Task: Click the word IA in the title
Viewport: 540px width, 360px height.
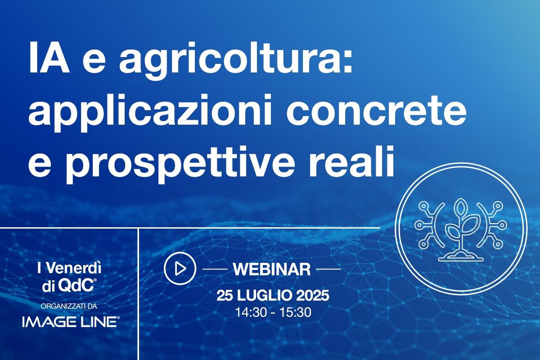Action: pyautogui.click(x=49, y=58)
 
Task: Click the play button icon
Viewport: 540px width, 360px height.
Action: pyautogui.click(x=180, y=268)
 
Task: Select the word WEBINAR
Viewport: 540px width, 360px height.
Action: pyautogui.click(x=272, y=269)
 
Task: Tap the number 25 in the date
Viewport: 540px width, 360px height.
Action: pyautogui.click(x=225, y=295)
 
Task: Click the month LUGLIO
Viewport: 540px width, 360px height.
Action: pyautogui.click(x=264, y=295)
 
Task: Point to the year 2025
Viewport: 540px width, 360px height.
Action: pyautogui.click(x=312, y=295)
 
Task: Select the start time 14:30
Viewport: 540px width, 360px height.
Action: pyautogui.click(x=251, y=312)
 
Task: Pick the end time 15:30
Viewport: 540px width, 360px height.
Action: pyautogui.click(x=295, y=312)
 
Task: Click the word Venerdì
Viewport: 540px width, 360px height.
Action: pyautogui.click(x=73, y=268)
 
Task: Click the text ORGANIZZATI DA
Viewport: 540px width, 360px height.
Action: pyautogui.click(x=69, y=306)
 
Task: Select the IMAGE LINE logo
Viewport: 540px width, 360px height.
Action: pyautogui.click(x=70, y=322)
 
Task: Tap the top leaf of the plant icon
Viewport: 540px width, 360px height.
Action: pyautogui.click(x=461, y=208)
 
